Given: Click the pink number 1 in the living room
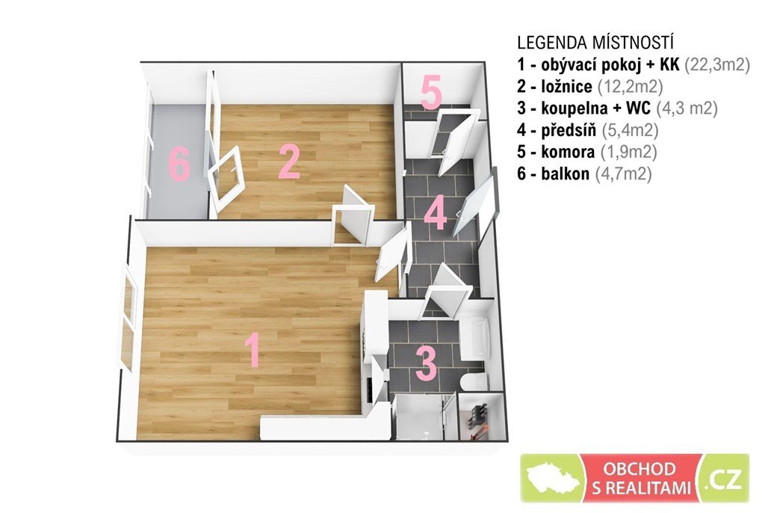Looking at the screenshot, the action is (x=252, y=350).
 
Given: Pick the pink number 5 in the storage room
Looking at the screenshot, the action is (x=431, y=91).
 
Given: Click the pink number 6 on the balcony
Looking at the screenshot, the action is (x=179, y=165).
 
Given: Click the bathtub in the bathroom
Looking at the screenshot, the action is (x=474, y=337).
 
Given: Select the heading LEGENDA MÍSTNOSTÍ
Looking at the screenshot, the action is (x=595, y=43).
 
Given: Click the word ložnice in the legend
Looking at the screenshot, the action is (x=567, y=87).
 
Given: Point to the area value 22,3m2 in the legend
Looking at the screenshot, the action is (x=717, y=64).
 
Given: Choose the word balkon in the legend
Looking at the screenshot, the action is (x=565, y=173).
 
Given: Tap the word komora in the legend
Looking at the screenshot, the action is (x=568, y=152).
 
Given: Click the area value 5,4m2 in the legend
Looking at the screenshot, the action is (x=630, y=130).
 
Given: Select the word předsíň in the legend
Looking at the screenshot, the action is (x=569, y=130).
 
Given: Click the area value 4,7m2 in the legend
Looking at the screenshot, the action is (x=624, y=173).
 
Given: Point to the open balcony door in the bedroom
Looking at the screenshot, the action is (x=225, y=178).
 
